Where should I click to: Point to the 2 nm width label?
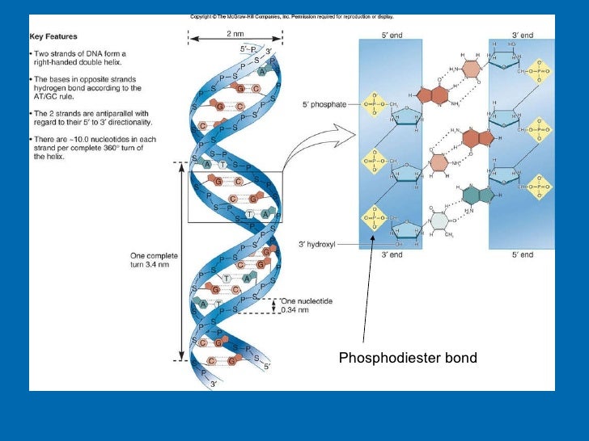234,33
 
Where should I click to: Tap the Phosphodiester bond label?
407,357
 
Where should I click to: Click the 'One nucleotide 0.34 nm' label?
305,304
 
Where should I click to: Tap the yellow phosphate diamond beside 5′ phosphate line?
374,104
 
